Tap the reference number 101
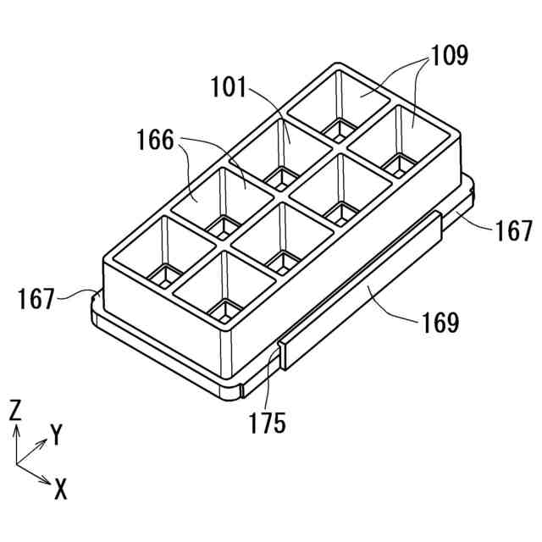click(x=229, y=86)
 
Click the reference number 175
click(x=268, y=421)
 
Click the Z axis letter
click(x=15, y=411)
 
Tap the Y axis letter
click(x=57, y=436)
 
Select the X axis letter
click(x=61, y=488)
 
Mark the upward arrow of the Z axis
click(x=16, y=430)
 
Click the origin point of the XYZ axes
click(x=17, y=464)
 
